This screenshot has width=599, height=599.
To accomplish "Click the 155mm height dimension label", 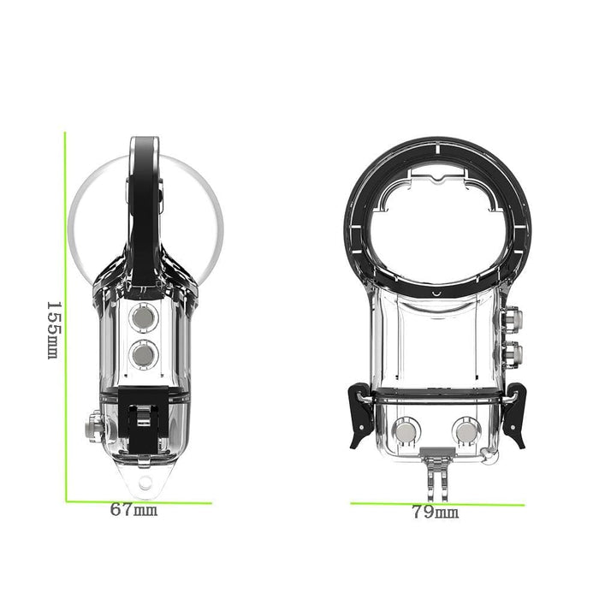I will (x=51, y=329).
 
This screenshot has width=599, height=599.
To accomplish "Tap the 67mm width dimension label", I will (x=133, y=510).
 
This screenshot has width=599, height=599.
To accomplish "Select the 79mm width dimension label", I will (x=435, y=513).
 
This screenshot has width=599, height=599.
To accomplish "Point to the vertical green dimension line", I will (x=66, y=317).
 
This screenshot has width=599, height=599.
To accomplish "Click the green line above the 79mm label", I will (x=436, y=503).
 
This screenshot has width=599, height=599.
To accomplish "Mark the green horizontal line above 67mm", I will (x=137, y=501).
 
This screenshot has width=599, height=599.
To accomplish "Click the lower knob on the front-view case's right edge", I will (x=516, y=351).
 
